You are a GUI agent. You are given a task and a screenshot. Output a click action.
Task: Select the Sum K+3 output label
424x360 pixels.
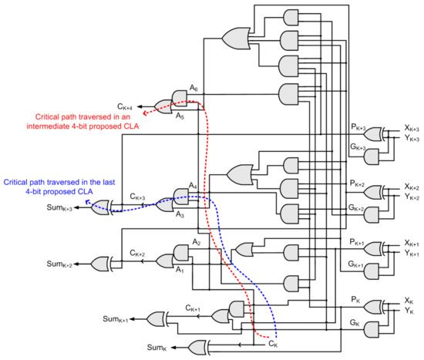pyautogui.click(x=62, y=209)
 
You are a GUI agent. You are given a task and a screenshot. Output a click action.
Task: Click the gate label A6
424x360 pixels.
pyautogui.click(x=195, y=89)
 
